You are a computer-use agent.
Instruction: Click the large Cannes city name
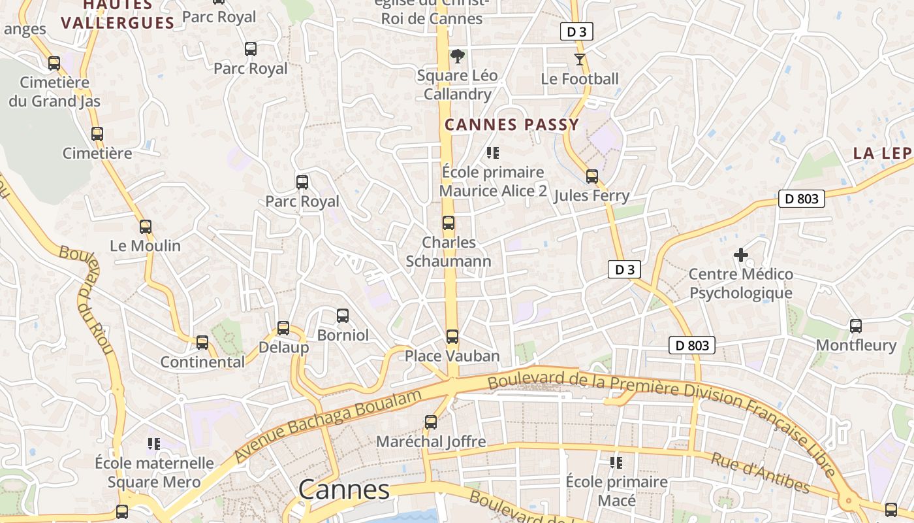[x=344, y=490]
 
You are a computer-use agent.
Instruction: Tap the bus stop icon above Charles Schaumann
[x=448, y=223]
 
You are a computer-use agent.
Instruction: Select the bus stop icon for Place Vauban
[x=452, y=337]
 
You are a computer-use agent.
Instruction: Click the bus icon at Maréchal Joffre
[x=430, y=422]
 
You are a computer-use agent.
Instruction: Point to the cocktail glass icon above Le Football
[x=579, y=59]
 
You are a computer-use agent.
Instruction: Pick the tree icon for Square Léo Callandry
[x=458, y=56]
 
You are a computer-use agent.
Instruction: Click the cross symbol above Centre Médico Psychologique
[x=741, y=254]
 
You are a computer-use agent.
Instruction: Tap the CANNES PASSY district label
[x=512, y=125]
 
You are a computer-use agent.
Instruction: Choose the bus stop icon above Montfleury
[x=855, y=326]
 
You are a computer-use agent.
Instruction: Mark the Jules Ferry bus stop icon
[x=591, y=177]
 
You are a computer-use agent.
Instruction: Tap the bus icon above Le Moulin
[x=145, y=227]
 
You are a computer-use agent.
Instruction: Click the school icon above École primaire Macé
[x=616, y=463]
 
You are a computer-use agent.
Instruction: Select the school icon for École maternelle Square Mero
[x=154, y=444]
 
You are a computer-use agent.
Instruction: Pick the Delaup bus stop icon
[x=283, y=328]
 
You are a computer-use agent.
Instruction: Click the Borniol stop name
[x=343, y=335]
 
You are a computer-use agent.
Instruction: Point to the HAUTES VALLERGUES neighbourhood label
[x=118, y=14]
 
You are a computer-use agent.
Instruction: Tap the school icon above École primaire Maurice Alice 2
[x=493, y=153]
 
